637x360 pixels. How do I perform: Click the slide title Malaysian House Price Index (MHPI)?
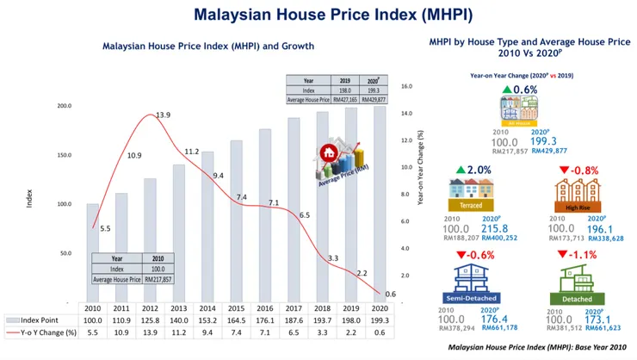[318, 15]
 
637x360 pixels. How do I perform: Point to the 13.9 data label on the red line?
[162, 115]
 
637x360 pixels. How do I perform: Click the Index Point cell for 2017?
[294, 320]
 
